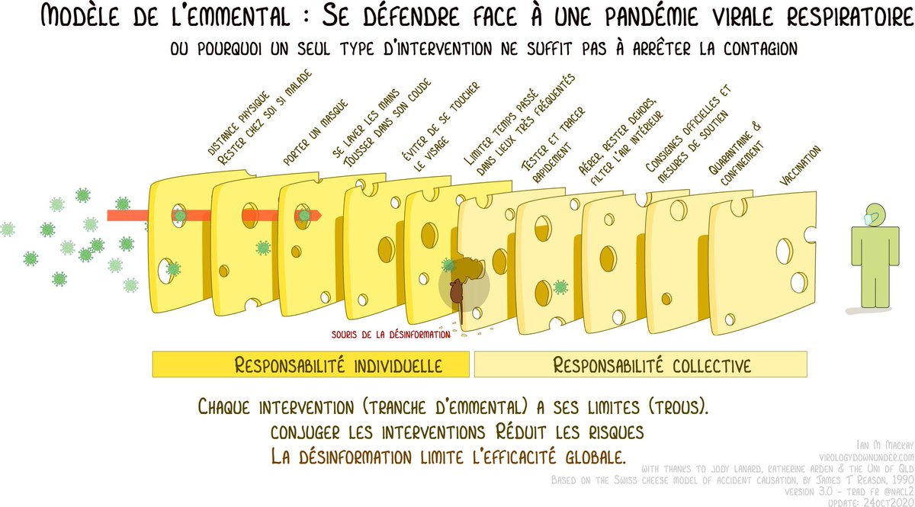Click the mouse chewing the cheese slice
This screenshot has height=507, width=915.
(x=455, y=291)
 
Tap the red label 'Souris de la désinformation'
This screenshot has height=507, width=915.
(x=390, y=333)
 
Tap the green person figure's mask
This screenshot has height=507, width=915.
(x=867, y=220)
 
